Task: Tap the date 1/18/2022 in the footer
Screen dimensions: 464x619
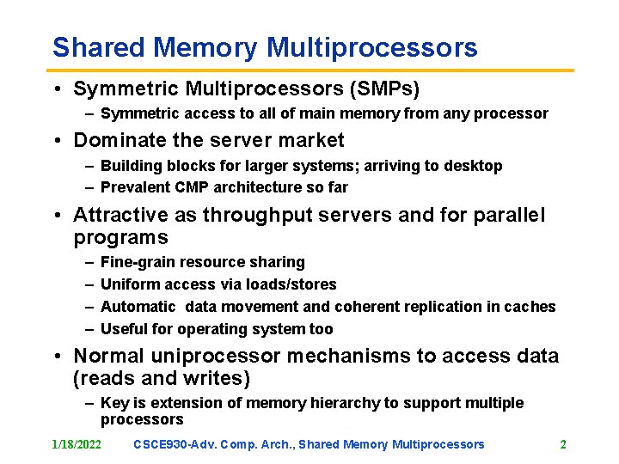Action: [x=76, y=444]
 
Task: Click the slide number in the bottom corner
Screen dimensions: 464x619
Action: [x=563, y=444]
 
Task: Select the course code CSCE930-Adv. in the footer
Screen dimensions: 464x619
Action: [x=175, y=444]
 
